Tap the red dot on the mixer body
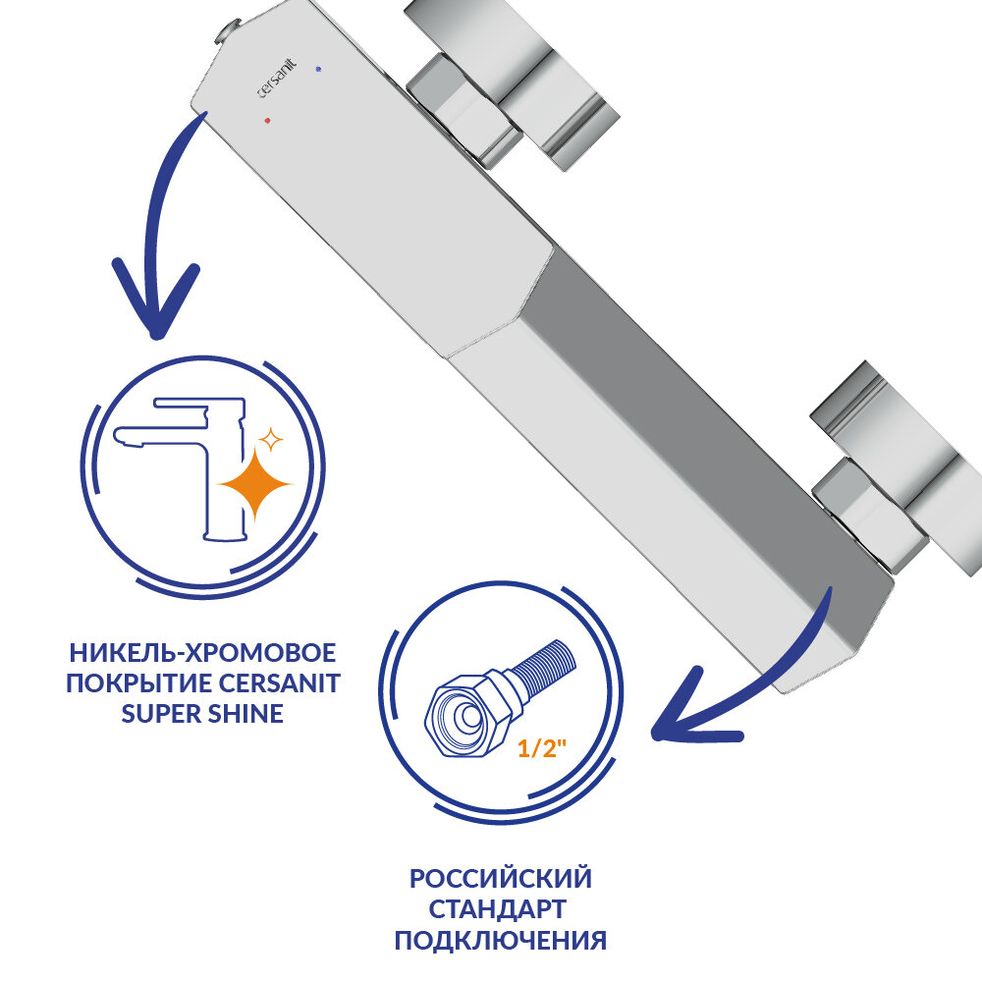pos(266,121)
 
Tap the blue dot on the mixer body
pos(318,69)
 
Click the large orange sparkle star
pos(256,483)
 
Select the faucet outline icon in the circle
pos(187,462)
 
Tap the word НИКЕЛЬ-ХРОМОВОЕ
pos(202,653)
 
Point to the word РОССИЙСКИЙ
pos(501,877)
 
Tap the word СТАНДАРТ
pos(501,908)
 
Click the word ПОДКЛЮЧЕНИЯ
pos(501,941)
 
